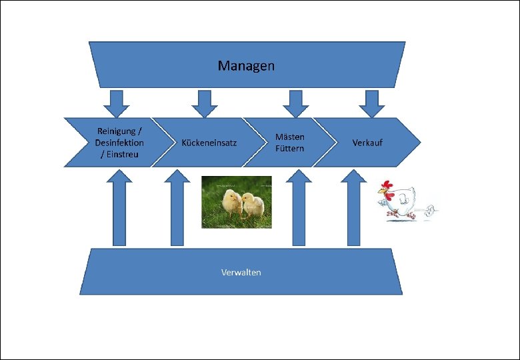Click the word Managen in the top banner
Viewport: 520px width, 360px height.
246,66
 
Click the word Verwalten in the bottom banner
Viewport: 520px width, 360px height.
241,272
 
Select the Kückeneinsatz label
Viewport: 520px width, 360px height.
209,143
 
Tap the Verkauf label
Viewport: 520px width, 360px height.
367,143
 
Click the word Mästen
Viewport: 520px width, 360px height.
290,137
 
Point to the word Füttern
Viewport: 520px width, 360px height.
289,148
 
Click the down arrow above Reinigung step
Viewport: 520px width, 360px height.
117,103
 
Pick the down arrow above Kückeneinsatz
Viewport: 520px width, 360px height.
204,103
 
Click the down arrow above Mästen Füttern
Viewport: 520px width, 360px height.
295,103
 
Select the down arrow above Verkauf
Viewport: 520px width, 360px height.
371,103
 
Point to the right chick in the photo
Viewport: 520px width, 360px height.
253,204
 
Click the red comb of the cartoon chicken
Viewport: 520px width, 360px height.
385,184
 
